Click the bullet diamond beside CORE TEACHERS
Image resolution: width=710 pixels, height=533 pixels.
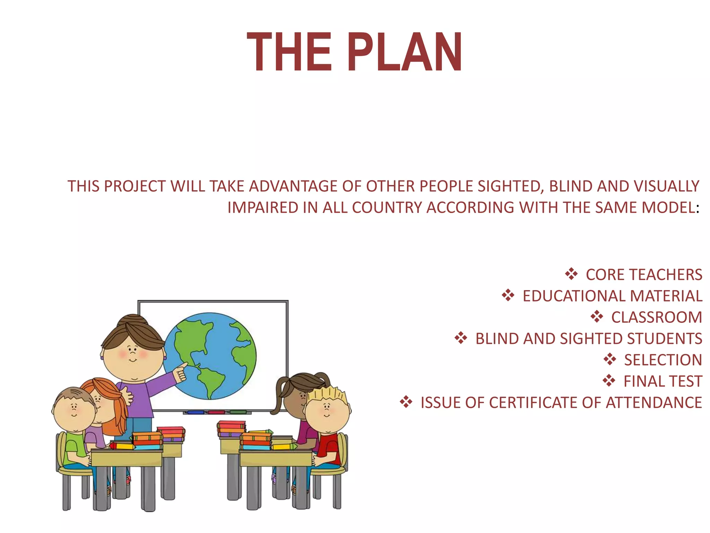coord(571,274)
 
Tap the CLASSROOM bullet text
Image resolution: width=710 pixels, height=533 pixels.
coord(656,317)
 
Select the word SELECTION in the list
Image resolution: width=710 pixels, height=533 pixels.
coord(663,360)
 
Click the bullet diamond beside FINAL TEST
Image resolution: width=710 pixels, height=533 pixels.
coord(609,381)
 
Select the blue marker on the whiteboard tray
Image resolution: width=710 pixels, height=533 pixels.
coord(196,413)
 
